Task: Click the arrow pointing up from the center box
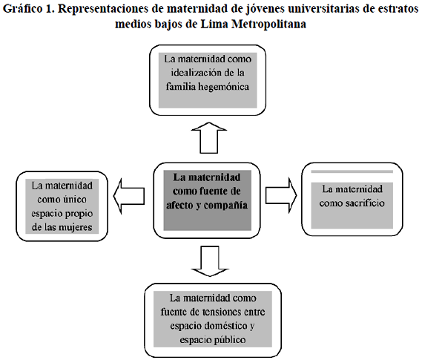click(x=209, y=138)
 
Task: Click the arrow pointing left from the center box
click(x=129, y=196)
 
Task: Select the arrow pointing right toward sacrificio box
click(x=281, y=195)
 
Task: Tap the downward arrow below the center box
click(x=210, y=261)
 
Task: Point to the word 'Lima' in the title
click(x=214, y=24)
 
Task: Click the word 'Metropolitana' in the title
click(x=268, y=24)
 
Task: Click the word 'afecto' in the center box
click(x=179, y=206)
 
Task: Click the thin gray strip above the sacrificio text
click(x=352, y=171)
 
